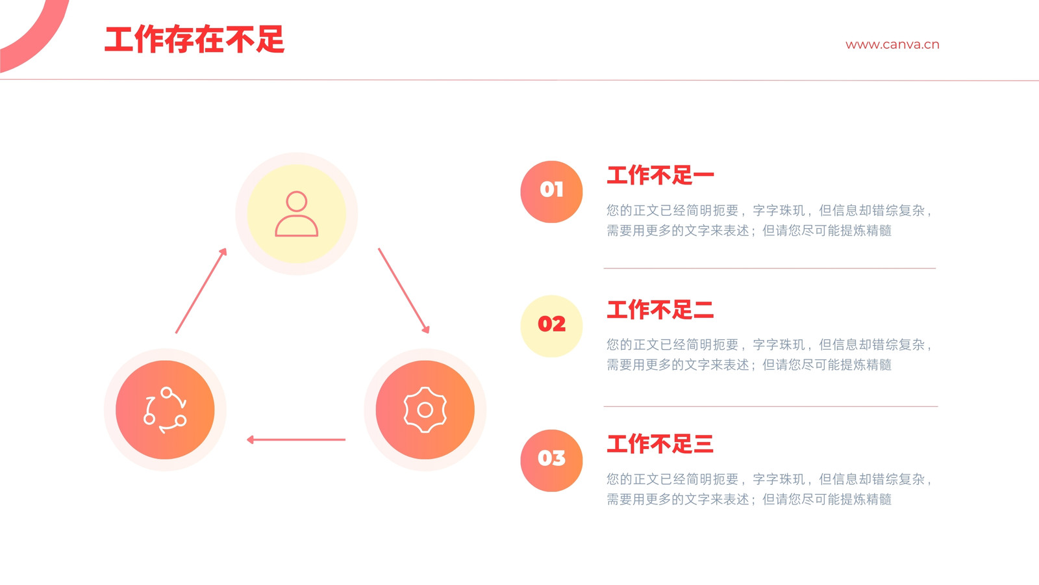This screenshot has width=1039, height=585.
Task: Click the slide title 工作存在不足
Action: [x=194, y=40]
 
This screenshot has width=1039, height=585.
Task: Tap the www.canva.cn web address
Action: [x=892, y=45]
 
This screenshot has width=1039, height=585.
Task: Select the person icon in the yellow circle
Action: [x=296, y=214]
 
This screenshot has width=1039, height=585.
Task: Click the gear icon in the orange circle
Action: [x=425, y=410]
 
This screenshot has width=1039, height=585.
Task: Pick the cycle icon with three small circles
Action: [x=165, y=410]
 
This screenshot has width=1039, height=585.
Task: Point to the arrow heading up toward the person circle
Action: [x=201, y=291]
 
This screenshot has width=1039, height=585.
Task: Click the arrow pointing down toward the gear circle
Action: [x=404, y=291]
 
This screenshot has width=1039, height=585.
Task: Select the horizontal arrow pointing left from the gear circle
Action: [x=296, y=439]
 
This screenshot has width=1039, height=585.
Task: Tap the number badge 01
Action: [x=551, y=192]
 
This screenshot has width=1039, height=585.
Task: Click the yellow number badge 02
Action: [x=551, y=326]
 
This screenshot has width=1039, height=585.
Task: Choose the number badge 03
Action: [x=551, y=461]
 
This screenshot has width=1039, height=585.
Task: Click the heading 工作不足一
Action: [x=660, y=175]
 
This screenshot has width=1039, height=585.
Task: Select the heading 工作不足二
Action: [x=660, y=309]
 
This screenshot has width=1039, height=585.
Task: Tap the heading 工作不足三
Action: [x=660, y=444]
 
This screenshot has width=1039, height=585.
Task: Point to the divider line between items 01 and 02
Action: [x=770, y=268]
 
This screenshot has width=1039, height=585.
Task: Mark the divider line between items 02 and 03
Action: [x=770, y=406]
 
